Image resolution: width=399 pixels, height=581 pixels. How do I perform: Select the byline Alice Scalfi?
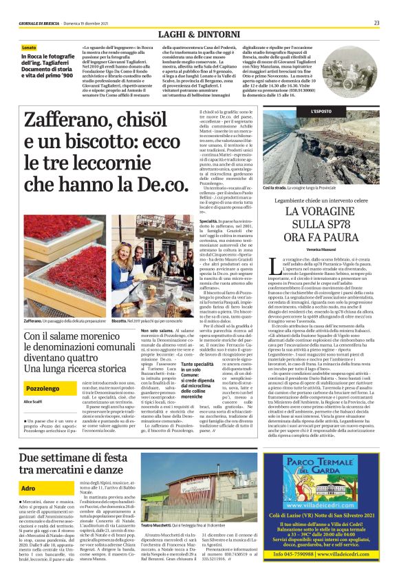click(x=34, y=400)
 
